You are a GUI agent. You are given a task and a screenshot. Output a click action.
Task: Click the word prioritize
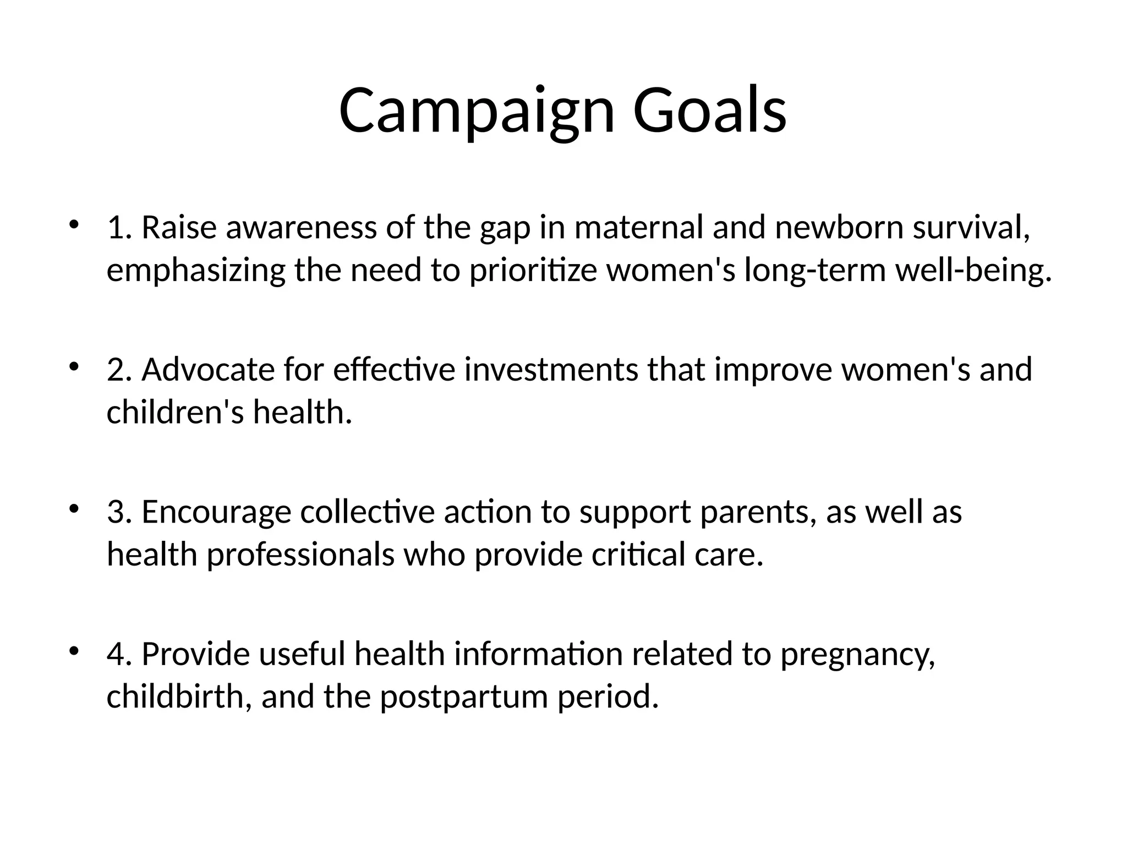click(x=533, y=270)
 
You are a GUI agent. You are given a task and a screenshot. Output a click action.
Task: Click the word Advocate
click(x=208, y=369)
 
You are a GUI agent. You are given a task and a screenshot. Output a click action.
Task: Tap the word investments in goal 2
click(x=551, y=369)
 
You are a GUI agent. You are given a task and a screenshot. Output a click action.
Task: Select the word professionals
click(x=300, y=555)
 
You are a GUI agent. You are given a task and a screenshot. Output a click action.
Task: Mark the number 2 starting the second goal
click(x=116, y=369)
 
